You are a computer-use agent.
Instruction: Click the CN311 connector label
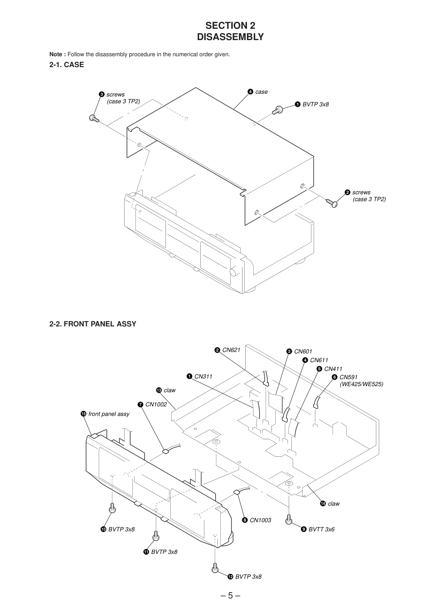coord(203,377)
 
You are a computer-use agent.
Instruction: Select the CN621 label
coord(231,350)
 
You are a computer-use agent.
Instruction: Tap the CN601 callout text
coord(303,352)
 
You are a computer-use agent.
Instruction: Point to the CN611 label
coord(319,360)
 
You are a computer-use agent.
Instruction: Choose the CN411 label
coord(333,369)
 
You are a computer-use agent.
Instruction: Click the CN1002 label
coord(156,404)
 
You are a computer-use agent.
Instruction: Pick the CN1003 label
coord(260,520)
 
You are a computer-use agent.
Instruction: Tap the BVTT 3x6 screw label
coord(321,530)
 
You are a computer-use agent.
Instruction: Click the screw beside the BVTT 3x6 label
coord(288,519)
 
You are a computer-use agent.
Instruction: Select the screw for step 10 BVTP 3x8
coord(112,508)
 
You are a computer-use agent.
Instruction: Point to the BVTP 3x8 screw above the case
coord(277,109)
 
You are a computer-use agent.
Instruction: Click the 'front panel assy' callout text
coord(109,414)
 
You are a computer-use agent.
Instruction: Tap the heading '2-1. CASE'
coord(67,65)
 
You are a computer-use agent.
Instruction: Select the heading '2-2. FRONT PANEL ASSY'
coord(93,324)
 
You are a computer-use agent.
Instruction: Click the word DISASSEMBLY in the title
coord(230,37)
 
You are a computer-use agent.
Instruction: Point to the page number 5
coord(230,596)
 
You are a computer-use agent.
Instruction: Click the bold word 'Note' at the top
coord(57,54)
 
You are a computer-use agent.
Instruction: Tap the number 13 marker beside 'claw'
coord(159,390)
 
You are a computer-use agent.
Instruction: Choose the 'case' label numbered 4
coord(261,92)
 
